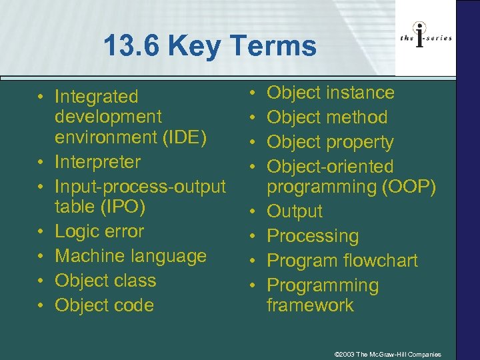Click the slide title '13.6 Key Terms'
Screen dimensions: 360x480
(x=210, y=46)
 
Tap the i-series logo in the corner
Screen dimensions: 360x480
(x=426, y=38)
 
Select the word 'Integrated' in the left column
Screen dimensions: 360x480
(x=96, y=97)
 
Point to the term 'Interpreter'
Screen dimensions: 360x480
(x=97, y=162)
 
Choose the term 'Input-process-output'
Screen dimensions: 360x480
(x=140, y=187)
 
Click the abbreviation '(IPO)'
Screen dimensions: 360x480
(x=123, y=207)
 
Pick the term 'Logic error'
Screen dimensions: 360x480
(x=99, y=231)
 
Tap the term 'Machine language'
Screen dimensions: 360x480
(x=131, y=256)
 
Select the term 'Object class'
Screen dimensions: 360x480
(x=105, y=281)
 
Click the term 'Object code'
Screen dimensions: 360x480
(x=104, y=305)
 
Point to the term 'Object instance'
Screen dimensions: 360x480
(x=331, y=93)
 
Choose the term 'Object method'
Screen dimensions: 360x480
(x=327, y=117)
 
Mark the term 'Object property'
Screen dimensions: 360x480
(x=330, y=142)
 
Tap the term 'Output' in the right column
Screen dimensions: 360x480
(x=295, y=211)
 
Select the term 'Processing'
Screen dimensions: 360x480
(x=313, y=236)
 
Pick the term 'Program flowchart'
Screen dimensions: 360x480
(x=342, y=261)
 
